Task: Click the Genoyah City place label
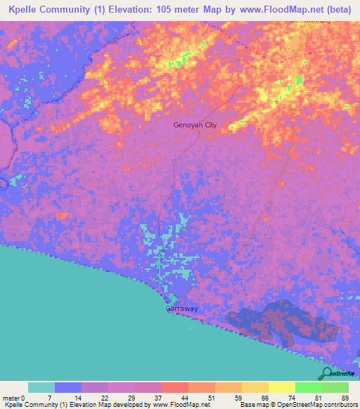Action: pyautogui.click(x=195, y=126)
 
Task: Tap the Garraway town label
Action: pyautogui.click(x=181, y=309)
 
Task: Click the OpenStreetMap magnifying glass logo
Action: pyautogui.click(x=327, y=374)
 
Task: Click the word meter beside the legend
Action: pyautogui.click(x=12, y=396)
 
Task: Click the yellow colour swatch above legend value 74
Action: pyautogui.click(x=281, y=387)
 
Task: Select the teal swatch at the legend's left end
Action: pyautogui.click(x=41, y=387)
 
